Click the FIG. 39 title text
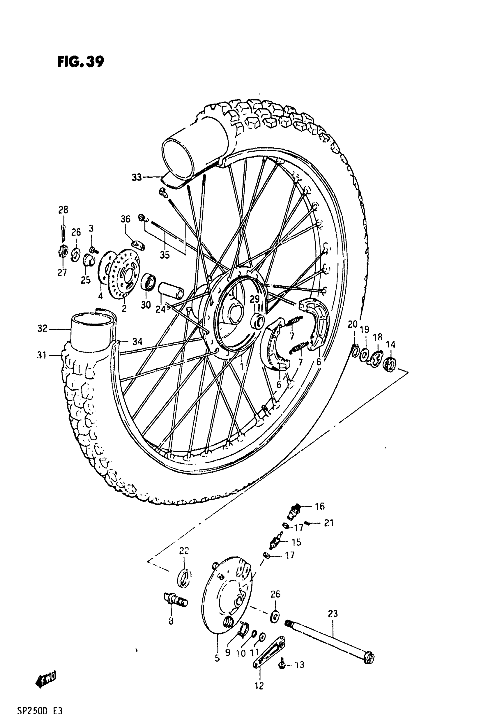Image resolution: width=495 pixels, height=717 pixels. click(x=81, y=61)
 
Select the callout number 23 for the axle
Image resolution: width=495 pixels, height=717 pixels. click(x=333, y=613)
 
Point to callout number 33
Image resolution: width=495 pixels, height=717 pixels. click(x=137, y=177)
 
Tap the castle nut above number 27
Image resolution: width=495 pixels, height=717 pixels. click(x=63, y=251)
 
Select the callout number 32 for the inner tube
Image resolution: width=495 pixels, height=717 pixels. click(x=42, y=328)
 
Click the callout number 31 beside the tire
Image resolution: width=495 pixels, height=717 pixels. click(x=42, y=355)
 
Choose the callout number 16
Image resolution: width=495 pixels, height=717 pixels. click(x=319, y=506)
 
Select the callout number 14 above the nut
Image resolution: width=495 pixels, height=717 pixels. click(x=390, y=345)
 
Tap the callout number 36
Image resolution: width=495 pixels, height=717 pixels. click(x=125, y=219)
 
